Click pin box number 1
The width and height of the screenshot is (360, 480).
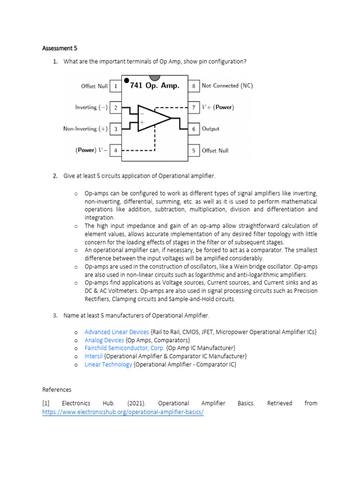(x=115, y=86)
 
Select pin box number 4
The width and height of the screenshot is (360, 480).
(x=115, y=150)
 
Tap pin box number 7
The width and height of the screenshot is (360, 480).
(x=194, y=107)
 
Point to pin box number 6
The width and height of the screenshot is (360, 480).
(x=194, y=129)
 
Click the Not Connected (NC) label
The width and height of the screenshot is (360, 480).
(x=227, y=86)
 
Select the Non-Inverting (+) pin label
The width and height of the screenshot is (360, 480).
(x=86, y=129)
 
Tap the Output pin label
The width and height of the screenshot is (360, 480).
(x=210, y=129)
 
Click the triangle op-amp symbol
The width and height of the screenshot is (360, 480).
(x=153, y=118)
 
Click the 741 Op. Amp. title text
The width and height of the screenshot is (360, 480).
(x=155, y=86)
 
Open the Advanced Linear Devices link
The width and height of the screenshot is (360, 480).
(x=117, y=332)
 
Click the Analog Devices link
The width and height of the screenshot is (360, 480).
(x=104, y=340)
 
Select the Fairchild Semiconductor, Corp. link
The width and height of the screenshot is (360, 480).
(x=124, y=348)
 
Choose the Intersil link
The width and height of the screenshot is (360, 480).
(x=93, y=356)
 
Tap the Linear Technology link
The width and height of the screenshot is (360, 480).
(x=108, y=364)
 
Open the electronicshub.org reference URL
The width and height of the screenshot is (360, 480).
(x=123, y=412)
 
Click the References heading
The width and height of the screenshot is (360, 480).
(x=57, y=390)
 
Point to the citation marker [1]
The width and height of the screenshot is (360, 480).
(x=46, y=403)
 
